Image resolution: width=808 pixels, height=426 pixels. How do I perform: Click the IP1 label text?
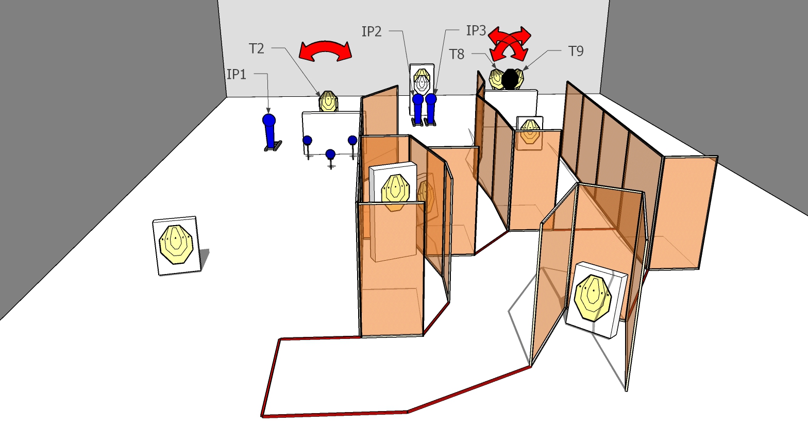(x=237, y=74)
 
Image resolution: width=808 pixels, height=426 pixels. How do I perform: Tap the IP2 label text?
(x=372, y=31)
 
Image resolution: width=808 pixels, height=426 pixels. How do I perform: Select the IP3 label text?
(x=476, y=30)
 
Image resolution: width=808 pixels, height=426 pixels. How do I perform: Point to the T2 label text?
(x=257, y=48)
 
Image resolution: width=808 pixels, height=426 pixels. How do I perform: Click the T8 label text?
(x=457, y=54)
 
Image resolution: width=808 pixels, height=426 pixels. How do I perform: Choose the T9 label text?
(x=576, y=51)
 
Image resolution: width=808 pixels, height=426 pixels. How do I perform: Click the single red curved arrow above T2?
(x=325, y=50)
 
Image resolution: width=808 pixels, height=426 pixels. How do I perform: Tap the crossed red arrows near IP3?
(x=509, y=43)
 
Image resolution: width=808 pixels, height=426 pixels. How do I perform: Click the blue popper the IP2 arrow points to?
(x=418, y=107)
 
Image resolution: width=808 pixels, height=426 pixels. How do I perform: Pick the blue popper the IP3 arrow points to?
(x=431, y=107)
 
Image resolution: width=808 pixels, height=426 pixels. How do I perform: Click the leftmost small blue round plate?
(x=307, y=140)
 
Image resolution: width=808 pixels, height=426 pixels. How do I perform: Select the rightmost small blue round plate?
(x=352, y=140)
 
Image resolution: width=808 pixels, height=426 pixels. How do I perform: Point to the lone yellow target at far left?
(x=176, y=245)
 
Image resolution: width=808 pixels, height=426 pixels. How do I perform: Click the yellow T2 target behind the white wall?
(x=328, y=101)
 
